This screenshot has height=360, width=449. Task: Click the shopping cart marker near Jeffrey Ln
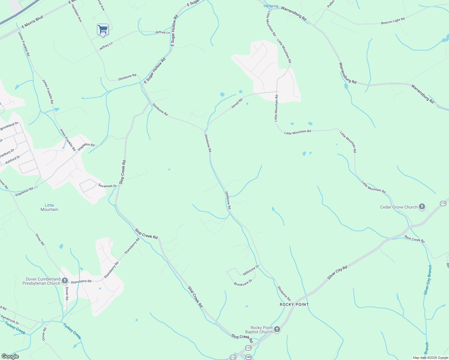[x=103, y=30]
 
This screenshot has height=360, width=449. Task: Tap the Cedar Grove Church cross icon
[x=422, y=207]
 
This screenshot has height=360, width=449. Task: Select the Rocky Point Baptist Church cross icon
[x=277, y=329]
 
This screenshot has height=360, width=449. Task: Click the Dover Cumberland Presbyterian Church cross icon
[x=65, y=281]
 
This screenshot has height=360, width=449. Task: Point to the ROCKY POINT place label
[x=294, y=304]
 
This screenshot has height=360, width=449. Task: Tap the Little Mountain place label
[x=50, y=207]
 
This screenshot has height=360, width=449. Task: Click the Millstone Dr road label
[x=251, y=270]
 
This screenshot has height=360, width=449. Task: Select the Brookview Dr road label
[x=243, y=282]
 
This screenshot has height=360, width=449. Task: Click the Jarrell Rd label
[x=237, y=103]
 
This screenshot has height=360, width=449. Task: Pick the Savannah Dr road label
[x=107, y=186]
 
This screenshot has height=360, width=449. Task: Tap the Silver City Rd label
[x=337, y=273]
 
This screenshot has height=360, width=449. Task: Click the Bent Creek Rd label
[x=414, y=239]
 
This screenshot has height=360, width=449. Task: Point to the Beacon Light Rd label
[x=393, y=21]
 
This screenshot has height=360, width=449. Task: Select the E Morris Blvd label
[x=32, y=22]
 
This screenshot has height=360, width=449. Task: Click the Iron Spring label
[x=271, y=6]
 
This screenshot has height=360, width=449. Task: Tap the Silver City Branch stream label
[x=428, y=280]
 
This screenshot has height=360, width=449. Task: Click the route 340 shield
[x=248, y=357]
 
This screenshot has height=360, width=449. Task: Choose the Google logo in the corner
[x=10, y=356]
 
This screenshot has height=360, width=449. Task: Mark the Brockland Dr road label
[x=9, y=126]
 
